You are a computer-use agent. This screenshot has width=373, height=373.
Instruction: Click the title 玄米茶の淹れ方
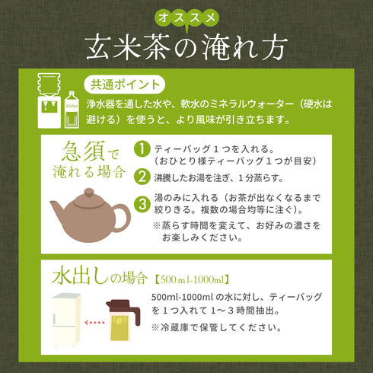(186, 46)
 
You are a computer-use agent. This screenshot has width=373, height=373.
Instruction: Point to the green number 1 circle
(141, 151)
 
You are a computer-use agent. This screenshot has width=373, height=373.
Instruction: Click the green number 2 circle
(141, 177)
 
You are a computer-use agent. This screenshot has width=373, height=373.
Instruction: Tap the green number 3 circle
(141, 204)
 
